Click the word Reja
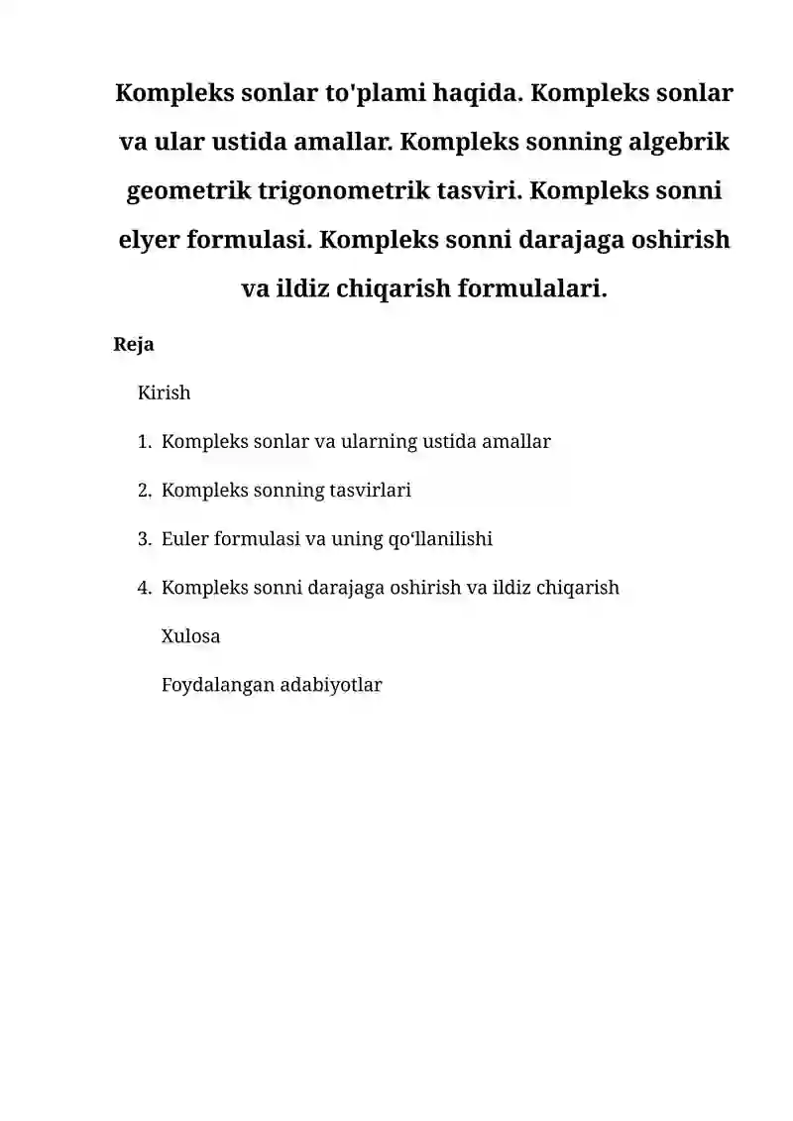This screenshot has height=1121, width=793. (135, 345)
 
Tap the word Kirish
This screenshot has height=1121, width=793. (164, 392)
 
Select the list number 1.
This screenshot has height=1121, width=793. (145, 442)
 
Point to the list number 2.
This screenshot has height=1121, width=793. (145, 491)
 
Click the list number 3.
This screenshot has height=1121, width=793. (145, 539)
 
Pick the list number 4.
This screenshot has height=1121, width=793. (145, 588)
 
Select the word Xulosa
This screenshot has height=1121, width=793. (190, 636)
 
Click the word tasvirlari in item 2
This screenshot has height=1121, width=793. (371, 491)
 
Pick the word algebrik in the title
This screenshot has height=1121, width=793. (679, 143)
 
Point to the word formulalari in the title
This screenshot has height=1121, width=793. (531, 288)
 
